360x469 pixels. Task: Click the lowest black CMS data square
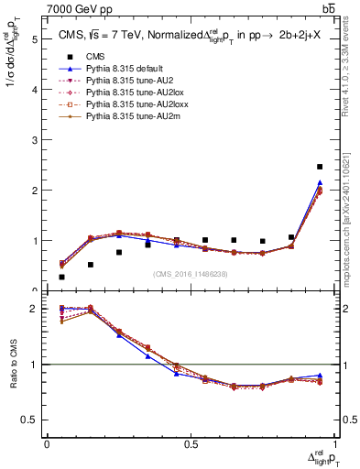pyautogui.click(x=61, y=277)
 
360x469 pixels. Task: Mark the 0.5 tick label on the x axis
pyautogui.click(x=191, y=443)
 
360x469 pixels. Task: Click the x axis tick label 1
pyautogui.click(x=333, y=443)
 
